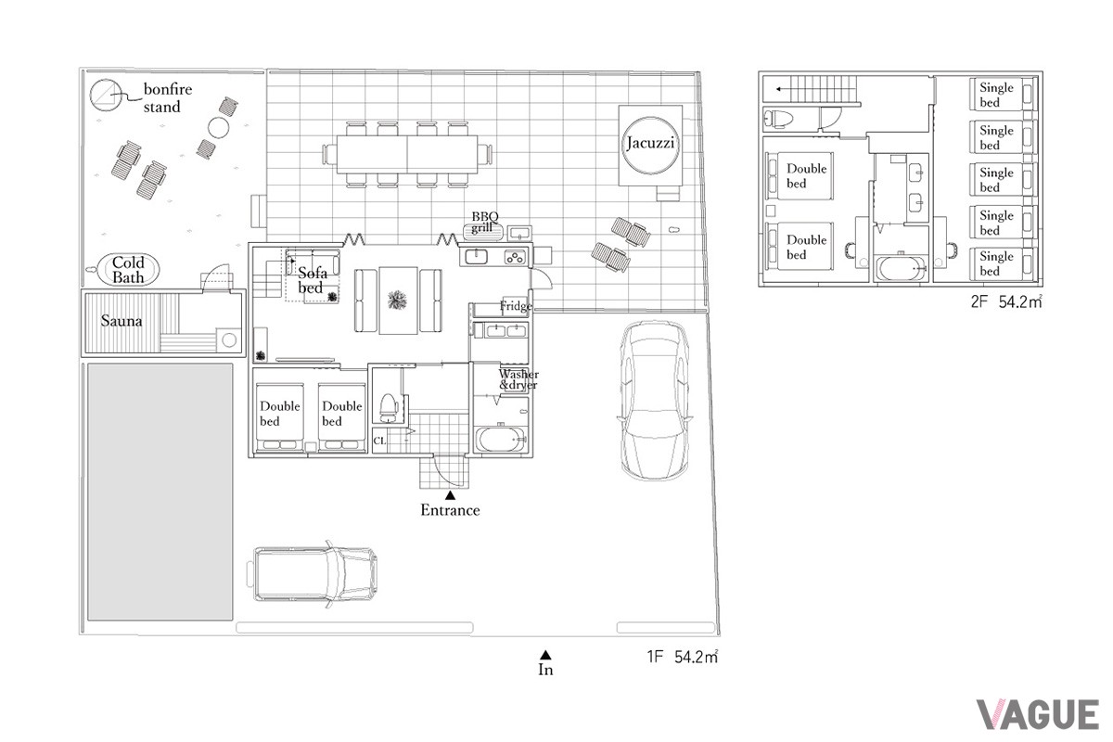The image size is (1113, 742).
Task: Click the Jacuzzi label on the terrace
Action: [650, 143]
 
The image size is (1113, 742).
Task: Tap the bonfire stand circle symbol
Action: [106, 95]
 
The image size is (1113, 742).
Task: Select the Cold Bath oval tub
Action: [128, 270]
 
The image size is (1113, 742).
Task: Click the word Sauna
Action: [122, 321]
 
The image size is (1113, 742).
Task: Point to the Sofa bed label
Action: [312, 280]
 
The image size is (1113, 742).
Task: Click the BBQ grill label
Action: [484, 223]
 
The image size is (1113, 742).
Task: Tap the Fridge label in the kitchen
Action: [516, 306]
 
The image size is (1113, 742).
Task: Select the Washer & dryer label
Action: [518, 379]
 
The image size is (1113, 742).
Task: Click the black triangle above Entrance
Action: [450, 495]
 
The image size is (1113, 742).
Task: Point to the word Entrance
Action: [450, 510]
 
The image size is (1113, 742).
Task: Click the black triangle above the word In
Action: [545, 655]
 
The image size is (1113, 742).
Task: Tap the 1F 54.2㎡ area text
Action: [683, 657]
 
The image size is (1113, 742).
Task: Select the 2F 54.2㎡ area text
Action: [1006, 301]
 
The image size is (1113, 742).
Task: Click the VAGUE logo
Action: [1038, 715]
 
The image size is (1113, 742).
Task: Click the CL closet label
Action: [379, 441]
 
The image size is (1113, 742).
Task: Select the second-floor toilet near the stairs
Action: [778, 120]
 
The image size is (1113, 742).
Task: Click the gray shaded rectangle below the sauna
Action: [160, 492]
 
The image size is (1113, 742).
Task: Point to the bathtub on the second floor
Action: [902, 269]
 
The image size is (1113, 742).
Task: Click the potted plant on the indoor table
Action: [397, 301]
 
